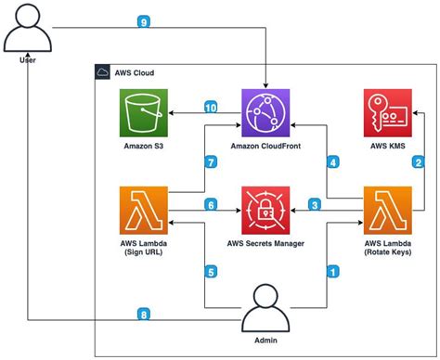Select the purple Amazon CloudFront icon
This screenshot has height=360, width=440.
tap(266, 112)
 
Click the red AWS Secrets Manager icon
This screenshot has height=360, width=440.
tap(266, 209)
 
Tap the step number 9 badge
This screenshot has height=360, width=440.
tap(142, 21)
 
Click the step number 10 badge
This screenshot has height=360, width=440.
tap(211, 109)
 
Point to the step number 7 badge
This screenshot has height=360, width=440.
tap(211, 163)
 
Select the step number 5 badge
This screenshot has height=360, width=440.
tap(211, 272)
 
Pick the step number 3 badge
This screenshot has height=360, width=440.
tap(315, 205)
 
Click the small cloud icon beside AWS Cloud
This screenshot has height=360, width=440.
tap(105, 71)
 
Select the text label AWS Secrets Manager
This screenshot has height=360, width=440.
tap(266, 244)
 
